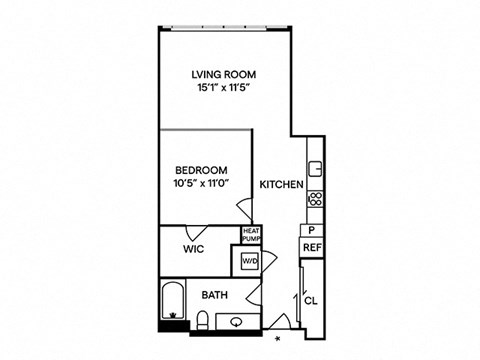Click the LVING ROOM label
click(224, 74)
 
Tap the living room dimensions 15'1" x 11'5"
click(224, 88)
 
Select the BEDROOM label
click(201, 170)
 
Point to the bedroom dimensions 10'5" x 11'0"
click(201, 184)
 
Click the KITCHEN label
click(282, 184)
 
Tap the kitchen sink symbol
click(315, 169)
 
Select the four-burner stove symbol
click(315, 199)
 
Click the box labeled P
click(312, 230)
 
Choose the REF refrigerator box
click(312, 248)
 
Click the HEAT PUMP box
click(251, 235)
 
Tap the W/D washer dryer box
click(250, 261)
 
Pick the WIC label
click(193, 249)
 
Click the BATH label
click(215, 295)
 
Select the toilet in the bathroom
click(202, 320)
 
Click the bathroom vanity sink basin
click(237, 322)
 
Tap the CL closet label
click(311, 301)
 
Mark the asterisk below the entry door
click(277, 339)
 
